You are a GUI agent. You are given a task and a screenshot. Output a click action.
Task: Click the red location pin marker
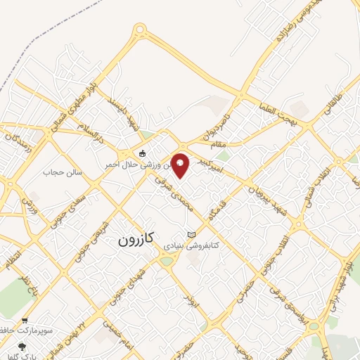pyautogui.click(x=181, y=165)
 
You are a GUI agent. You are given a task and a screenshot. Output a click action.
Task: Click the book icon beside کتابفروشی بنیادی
pyautogui.click(x=191, y=234)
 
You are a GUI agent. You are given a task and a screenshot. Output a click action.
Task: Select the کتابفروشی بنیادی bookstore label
pyautogui.click(x=191, y=246)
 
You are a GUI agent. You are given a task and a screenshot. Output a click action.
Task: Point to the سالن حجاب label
pyautogui.click(x=64, y=172)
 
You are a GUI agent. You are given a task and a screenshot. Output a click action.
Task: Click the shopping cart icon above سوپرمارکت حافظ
pyautogui.click(x=25, y=319)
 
